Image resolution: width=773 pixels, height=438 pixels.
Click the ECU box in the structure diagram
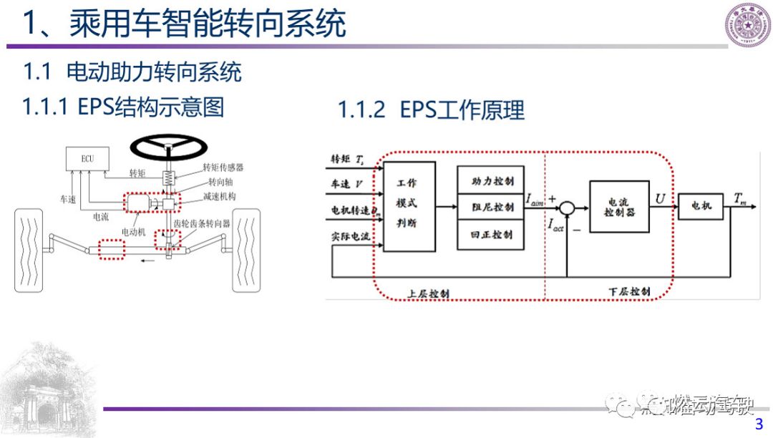point(86,158)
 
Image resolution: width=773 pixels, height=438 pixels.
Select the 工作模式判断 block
point(409,206)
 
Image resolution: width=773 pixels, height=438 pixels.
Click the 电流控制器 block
point(619,207)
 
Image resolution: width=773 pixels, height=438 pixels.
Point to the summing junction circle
point(566,208)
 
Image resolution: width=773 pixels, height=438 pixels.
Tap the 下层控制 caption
point(629,292)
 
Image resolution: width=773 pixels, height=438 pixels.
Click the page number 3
point(759,425)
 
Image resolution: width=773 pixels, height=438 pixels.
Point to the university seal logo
point(748,25)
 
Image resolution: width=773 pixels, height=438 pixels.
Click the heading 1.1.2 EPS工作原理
point(432,110)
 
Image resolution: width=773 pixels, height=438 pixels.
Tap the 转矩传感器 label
point(223,167)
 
